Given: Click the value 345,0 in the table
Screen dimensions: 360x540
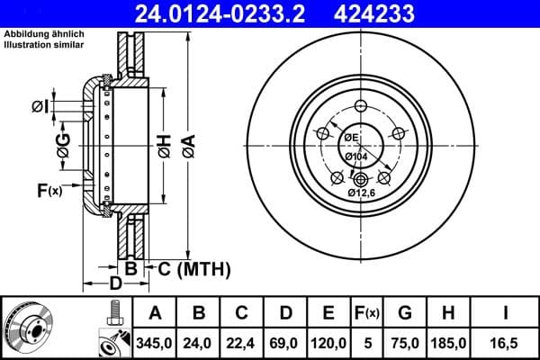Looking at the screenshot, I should pyautogui.click(x=155, y=342).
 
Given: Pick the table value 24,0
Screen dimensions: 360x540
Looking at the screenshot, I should pyautogui.click(x=200, y=342).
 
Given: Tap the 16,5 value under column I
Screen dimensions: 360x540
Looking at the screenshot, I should pyautogui.click(x=505, y=342).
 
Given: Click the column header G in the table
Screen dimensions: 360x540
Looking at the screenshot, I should pyautogui.click(x=406, y=313).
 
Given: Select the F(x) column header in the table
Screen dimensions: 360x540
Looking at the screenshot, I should pyautogui.click(x=368, y=313).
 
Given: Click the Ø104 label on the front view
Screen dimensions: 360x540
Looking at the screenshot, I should pyautogui.click(x=356, y=156).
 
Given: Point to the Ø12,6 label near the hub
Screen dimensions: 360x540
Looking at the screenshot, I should pyautogui.click(x=364, y=192).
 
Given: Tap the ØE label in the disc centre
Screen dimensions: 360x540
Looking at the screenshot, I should pyautogui.click(x=349, y=137).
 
